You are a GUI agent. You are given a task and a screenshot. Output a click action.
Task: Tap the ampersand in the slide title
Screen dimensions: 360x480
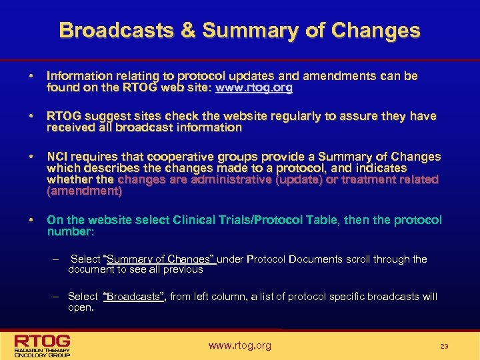(189, 30)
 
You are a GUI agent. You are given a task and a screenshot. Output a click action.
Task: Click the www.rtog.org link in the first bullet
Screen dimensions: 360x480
(254, 87)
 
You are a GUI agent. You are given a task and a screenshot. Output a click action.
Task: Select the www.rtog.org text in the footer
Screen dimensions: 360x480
(240, 345)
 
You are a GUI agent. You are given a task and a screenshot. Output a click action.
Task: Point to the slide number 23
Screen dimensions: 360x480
(444, 346)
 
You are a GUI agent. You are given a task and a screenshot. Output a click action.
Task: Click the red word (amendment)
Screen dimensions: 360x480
(84, 191)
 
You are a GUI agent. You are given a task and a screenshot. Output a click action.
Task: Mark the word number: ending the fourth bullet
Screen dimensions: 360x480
(71, 231)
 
